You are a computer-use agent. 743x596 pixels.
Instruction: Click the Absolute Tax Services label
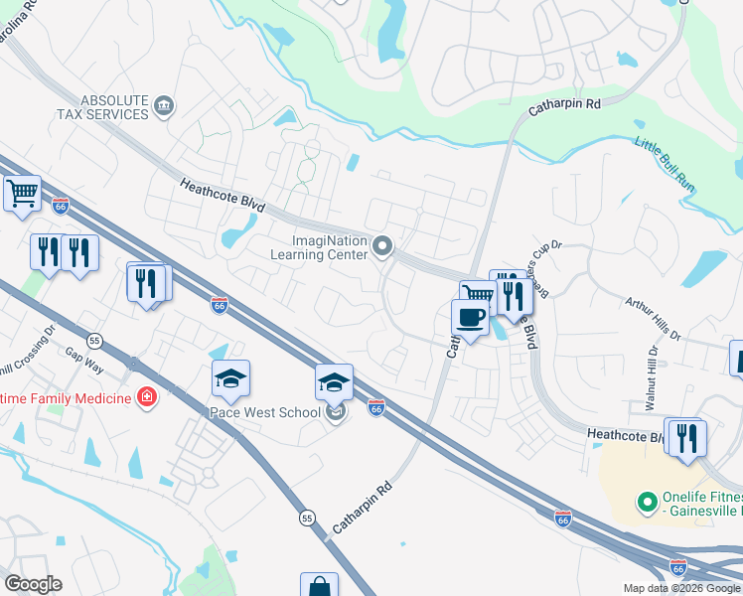pos(115,107)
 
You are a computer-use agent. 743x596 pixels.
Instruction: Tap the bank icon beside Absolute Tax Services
pos(165,105)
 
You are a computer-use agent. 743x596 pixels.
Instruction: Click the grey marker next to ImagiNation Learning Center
pos(382,245)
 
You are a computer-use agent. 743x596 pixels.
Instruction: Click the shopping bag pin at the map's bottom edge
pos(319,587)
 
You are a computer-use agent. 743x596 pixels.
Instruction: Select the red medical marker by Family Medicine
pos(147,398)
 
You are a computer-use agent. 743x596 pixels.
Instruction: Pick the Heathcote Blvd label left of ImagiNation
pos(223,194)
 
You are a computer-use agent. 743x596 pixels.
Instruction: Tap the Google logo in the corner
pos(33,584)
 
